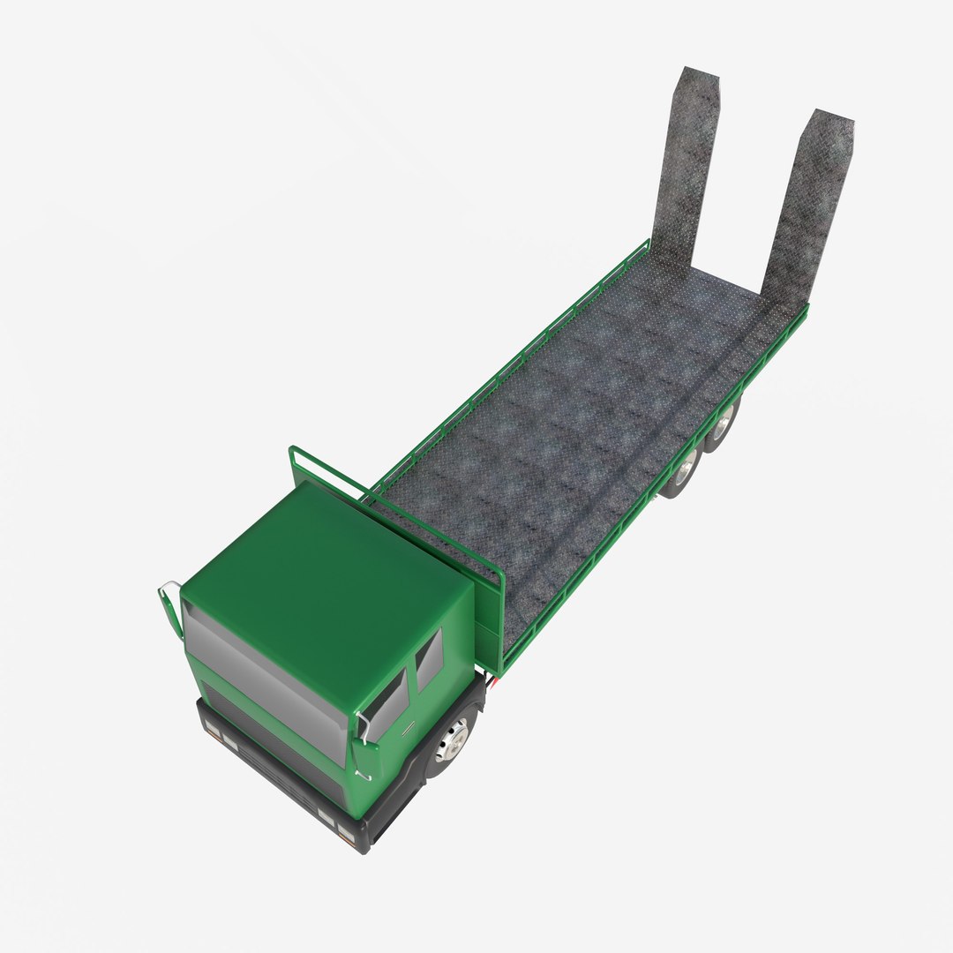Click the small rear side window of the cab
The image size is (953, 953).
click(429, 659)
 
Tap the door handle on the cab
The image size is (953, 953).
click(408, 729)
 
